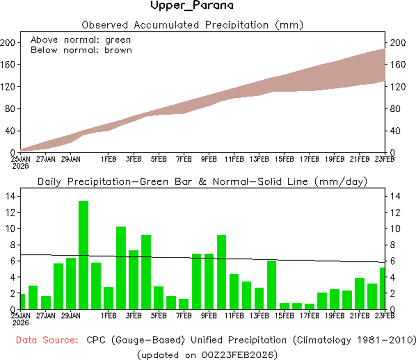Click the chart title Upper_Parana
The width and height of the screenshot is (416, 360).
(192, 6)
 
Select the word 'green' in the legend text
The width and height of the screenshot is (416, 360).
(118, 40)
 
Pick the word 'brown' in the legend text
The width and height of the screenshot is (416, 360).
(118, 50)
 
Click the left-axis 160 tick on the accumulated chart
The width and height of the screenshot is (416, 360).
(9, 65)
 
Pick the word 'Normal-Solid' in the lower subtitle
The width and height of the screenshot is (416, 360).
(250, 182)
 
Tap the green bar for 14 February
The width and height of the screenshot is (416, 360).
(272, 285)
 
